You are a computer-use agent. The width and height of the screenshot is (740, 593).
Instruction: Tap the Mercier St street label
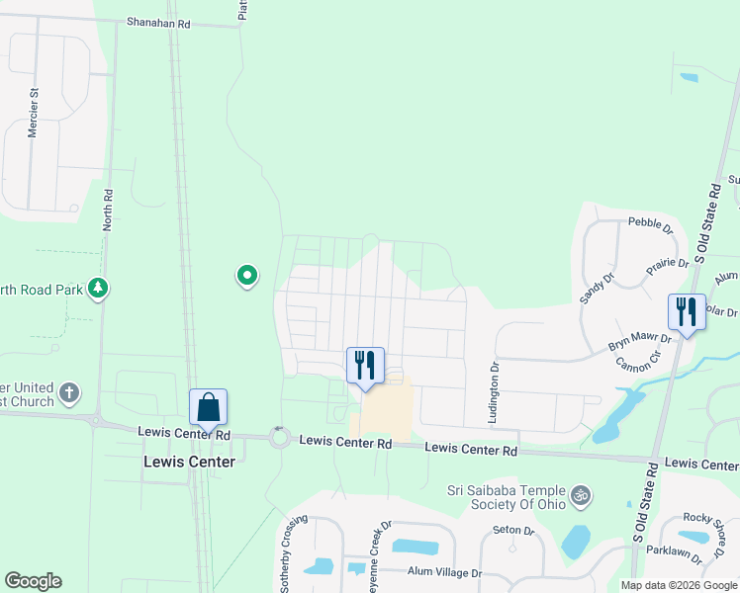[x=34, y=113]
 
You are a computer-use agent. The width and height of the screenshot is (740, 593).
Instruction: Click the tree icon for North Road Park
[x=97, y=289]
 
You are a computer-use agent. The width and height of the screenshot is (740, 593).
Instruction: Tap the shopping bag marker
[x=208, y=407]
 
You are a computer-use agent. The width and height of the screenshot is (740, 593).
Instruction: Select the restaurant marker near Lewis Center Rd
[x=365, y=366]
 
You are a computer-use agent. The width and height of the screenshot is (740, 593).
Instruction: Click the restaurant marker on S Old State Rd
[x=687, y=312]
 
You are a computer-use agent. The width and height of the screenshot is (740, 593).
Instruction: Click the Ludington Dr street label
[x=494, y=392]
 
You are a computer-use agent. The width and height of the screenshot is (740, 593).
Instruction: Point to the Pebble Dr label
[x=651, y=226]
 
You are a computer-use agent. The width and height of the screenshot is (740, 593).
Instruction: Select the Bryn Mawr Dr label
[x=640, y=343]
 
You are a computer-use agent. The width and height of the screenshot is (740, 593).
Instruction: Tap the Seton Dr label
[x=513, y=531]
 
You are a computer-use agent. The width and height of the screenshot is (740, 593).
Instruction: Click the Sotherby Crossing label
[x=288, y=546]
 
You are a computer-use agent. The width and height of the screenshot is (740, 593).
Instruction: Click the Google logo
[x=33, y=581]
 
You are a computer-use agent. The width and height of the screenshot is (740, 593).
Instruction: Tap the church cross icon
[x=69, y=392]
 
